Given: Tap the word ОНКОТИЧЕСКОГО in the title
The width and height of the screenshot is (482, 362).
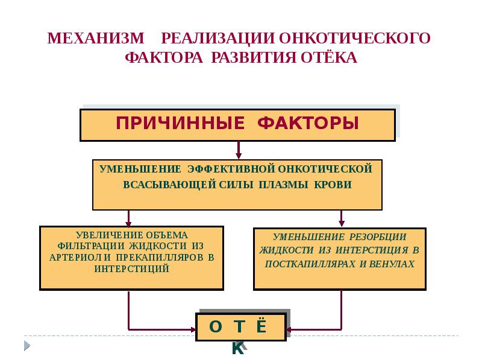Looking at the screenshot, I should pyautogui.click(x=355, y=39).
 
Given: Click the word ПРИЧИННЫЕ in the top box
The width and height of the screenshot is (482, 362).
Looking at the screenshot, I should pyautogui.click(x=180, y=124).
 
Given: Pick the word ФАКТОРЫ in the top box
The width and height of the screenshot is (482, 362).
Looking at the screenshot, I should pyautogui.click(x=308, y=124).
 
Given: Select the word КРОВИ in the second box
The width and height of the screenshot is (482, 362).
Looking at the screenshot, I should pyautogui.click(x=332, y=185).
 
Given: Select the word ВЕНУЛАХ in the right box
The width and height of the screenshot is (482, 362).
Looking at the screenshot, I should pyautogui.click(x=397, y=264).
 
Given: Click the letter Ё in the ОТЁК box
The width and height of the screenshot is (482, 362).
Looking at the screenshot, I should pyautogui.click(x=260, y=326).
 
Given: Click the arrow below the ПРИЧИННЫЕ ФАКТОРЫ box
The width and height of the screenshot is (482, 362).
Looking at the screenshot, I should pyautogui.click(x=239, y=150).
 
